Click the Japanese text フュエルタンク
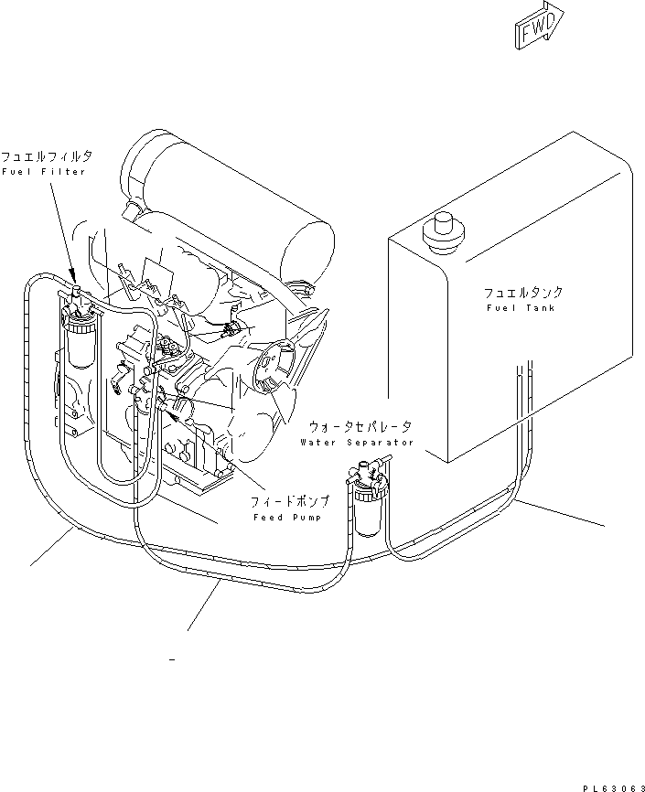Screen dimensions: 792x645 [x=523, y=293]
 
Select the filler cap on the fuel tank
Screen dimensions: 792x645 [x=444, y=226]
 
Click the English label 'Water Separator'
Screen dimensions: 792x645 [x=356, y=443]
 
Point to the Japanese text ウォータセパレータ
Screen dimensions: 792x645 [x=360, y=427]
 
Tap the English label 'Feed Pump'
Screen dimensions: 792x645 [x=285, y=519]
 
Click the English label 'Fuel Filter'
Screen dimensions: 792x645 [x=43, y=172]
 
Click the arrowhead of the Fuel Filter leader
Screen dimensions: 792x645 [x=74, y=277]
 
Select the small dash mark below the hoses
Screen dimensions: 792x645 [x=172, y=658]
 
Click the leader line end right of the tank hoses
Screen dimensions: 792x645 [x=604, y=525]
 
